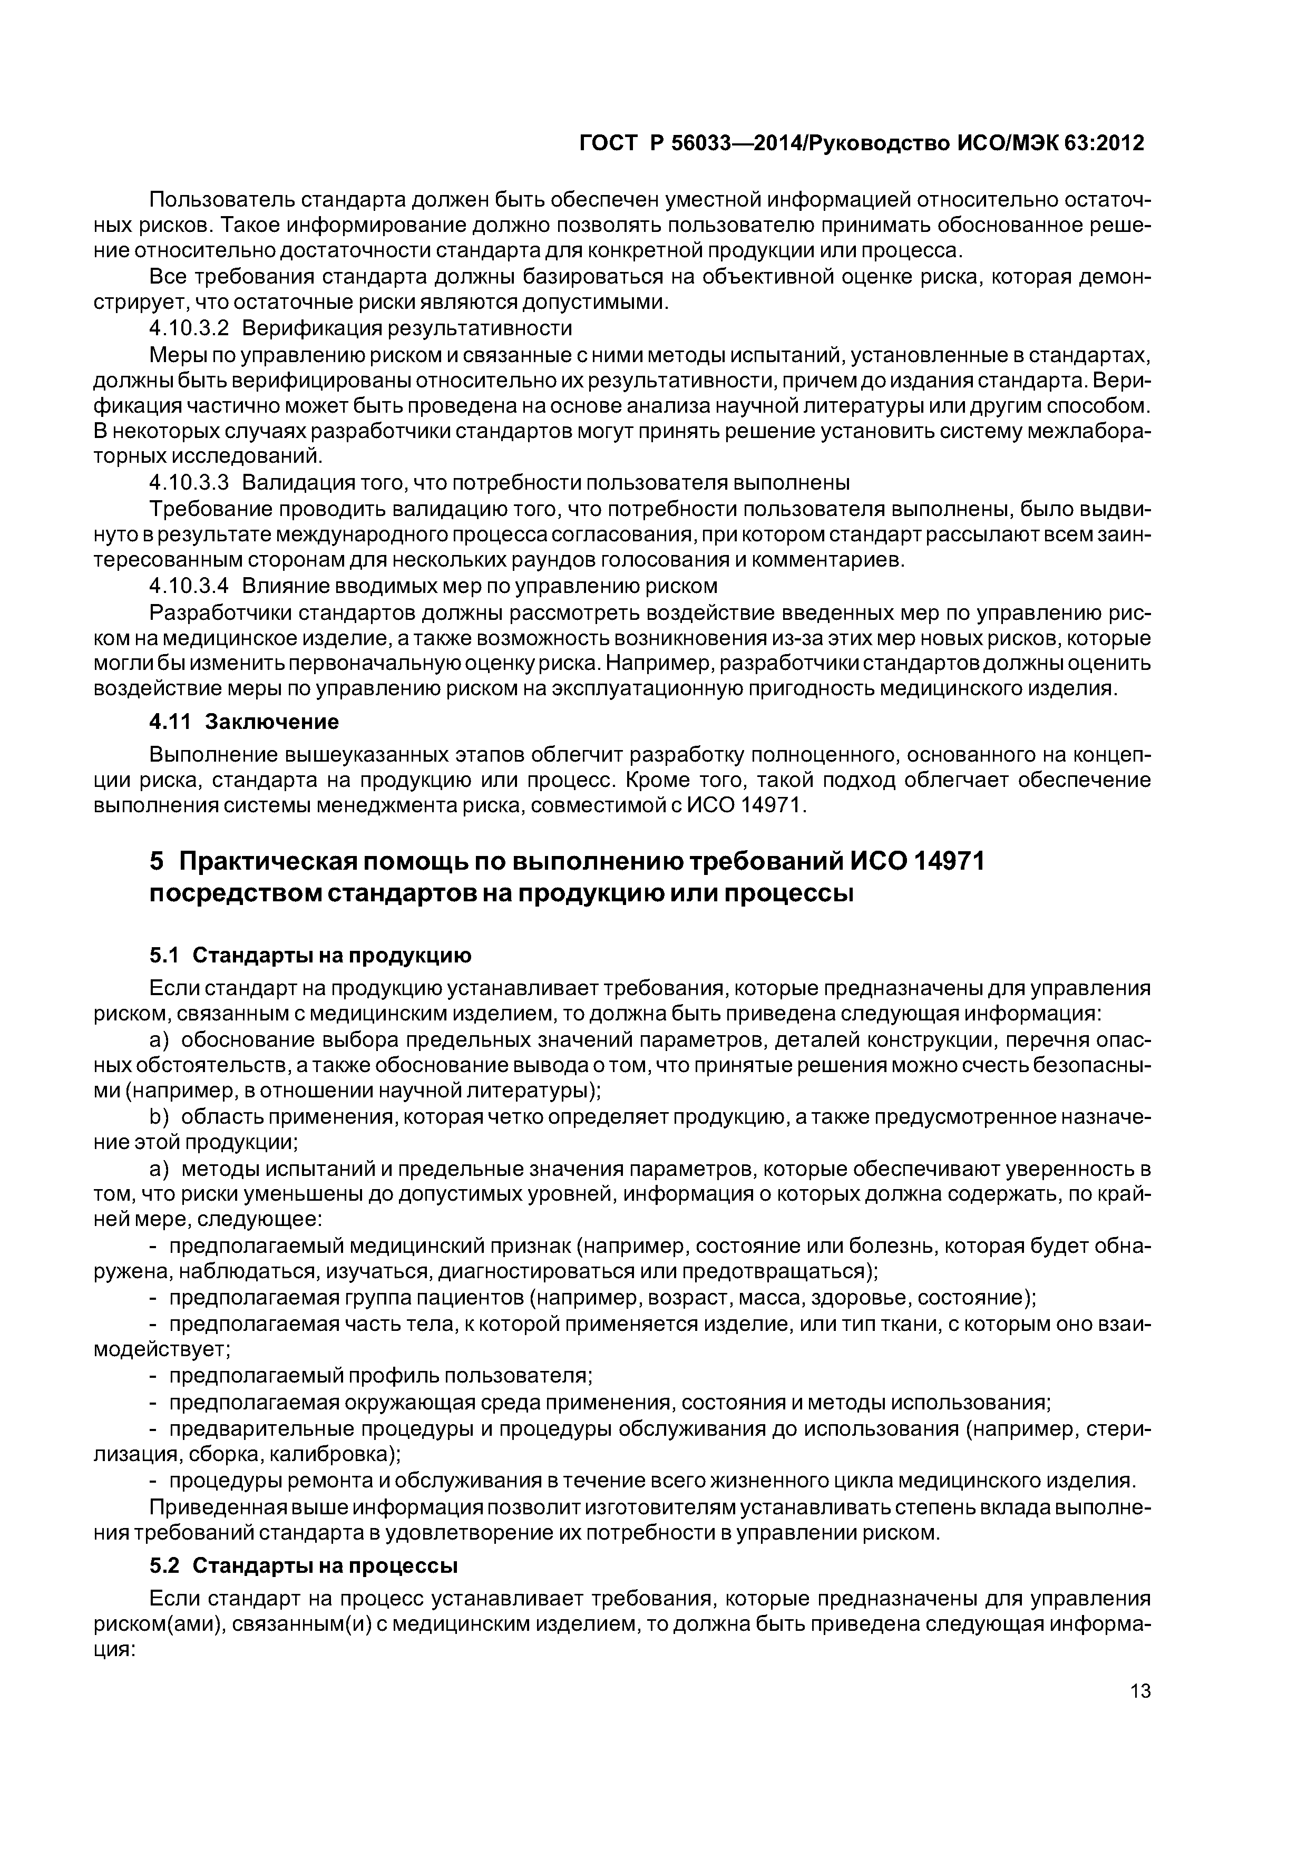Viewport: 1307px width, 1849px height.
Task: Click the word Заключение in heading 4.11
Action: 271,721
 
